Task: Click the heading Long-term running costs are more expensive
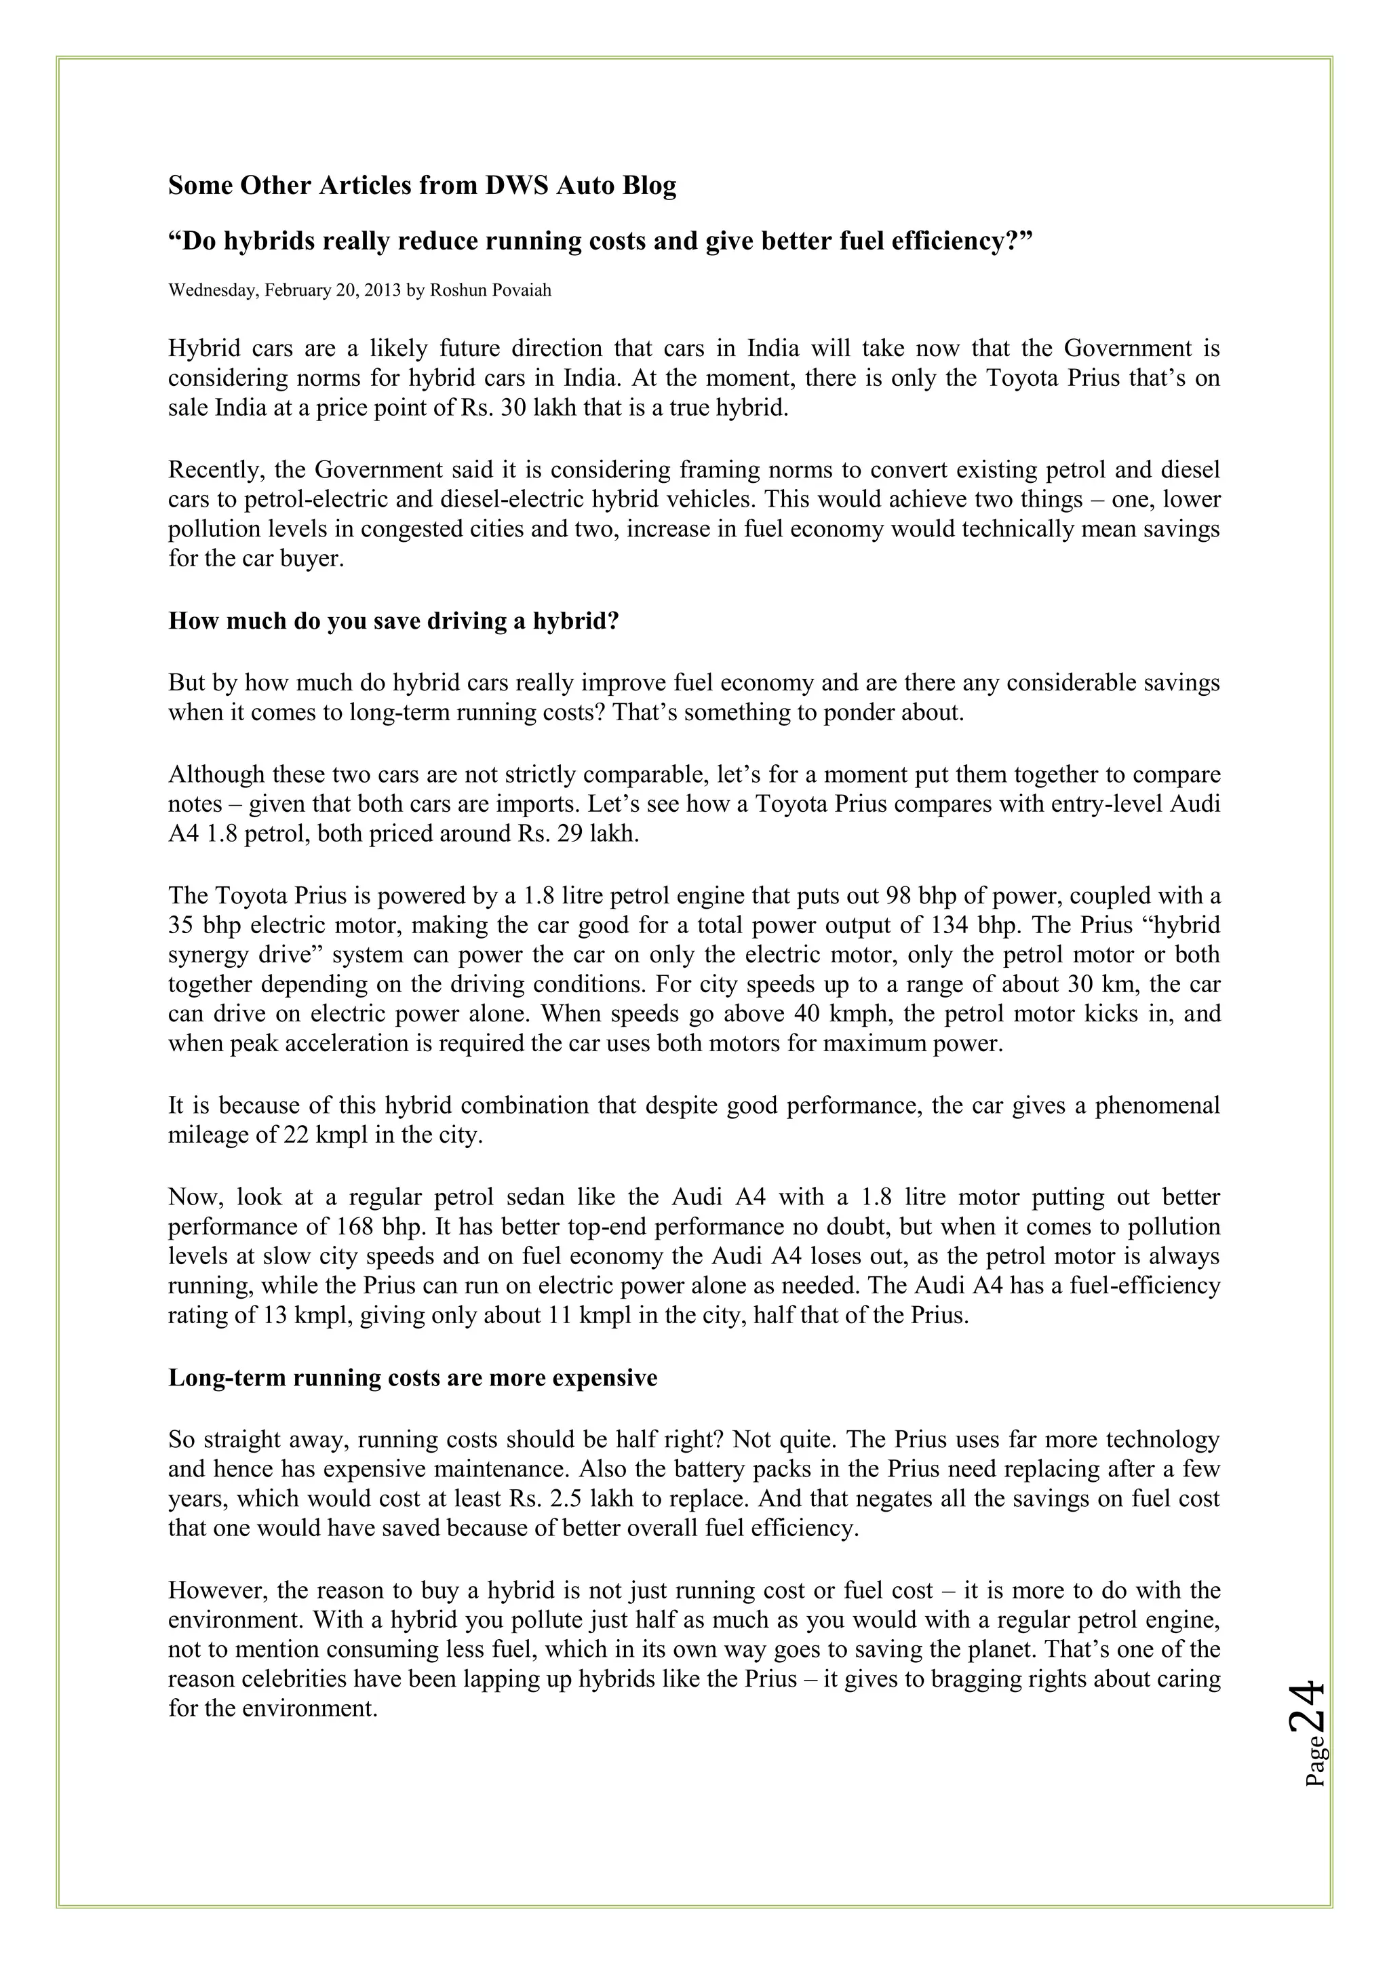point(412,1378)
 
